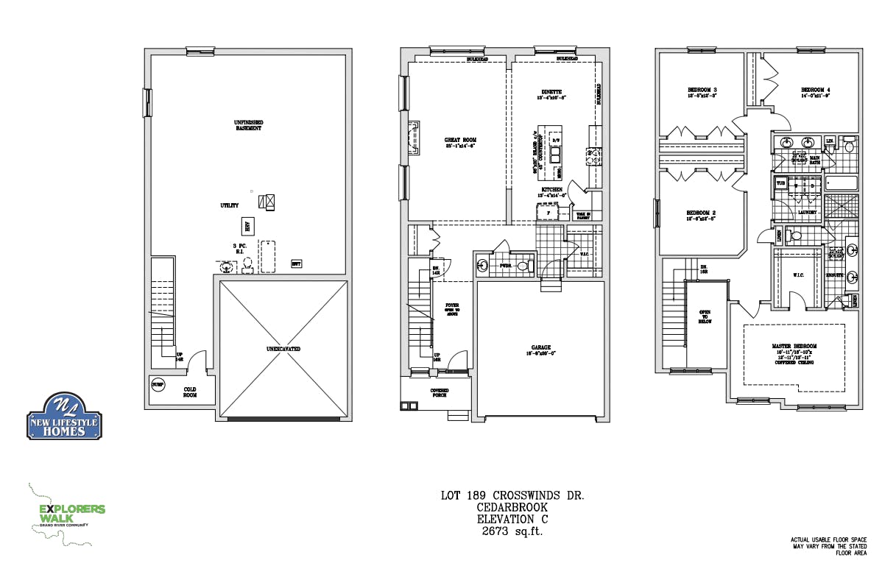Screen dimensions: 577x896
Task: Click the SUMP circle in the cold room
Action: [x=157, y=385]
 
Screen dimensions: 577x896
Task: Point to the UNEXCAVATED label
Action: [x=283, y=349]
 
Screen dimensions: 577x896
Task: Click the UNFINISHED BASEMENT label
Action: [x=249, y=125]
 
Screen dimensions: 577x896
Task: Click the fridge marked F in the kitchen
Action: [x=547, y=213]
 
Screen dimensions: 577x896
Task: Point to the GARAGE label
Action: [x=541, y=350]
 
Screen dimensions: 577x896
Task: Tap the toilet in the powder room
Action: [x=524, y=266]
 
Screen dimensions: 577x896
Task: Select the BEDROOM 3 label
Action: [x=702, y=93]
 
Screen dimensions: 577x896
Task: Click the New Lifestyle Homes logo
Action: [x=65, y=417]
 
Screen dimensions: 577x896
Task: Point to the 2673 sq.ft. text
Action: [x=512, y=531]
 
